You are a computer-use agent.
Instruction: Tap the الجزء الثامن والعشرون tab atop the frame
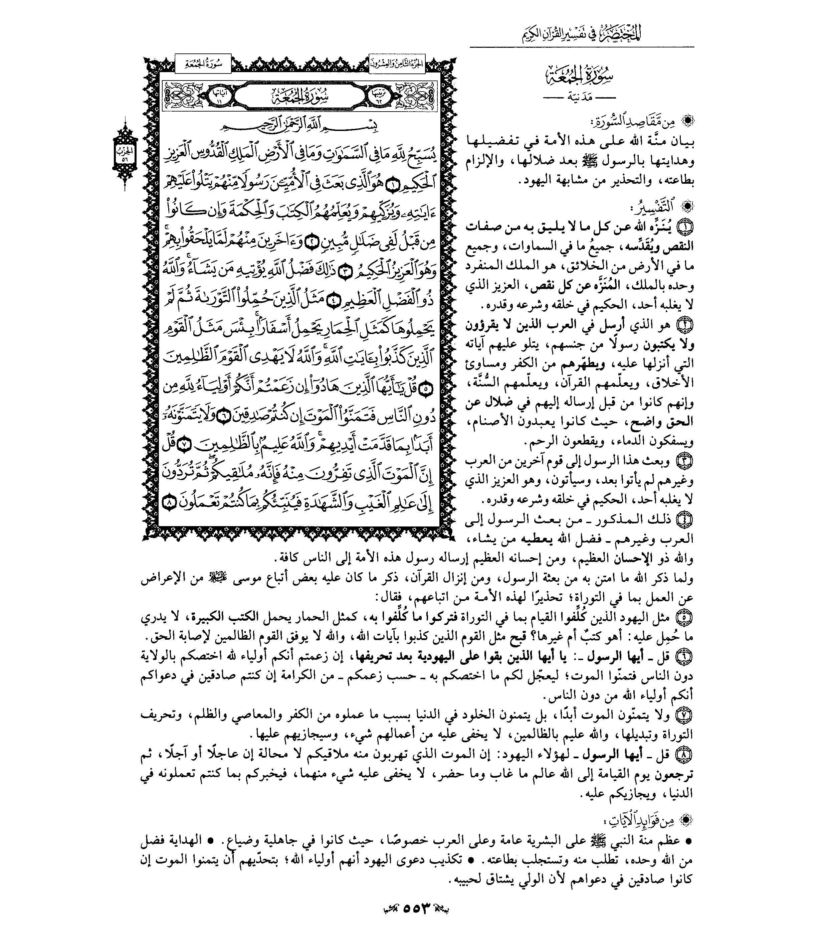tap(397, 64)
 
